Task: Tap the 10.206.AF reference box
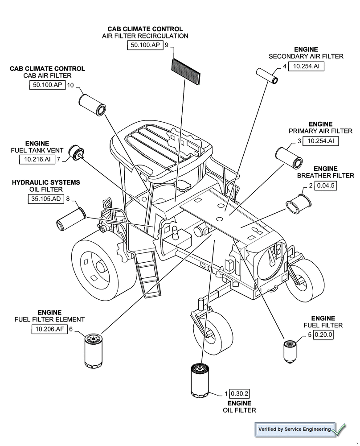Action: coord(49,329)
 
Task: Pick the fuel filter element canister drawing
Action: coord(94,351)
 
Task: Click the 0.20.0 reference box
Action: coord(323,335)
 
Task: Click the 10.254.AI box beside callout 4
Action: coord(306,66)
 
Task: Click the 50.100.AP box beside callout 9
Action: coord(145,45)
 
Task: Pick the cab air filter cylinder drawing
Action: coord(92,104)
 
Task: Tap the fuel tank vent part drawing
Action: coord(77,154)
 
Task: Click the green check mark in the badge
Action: coord(339,429)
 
